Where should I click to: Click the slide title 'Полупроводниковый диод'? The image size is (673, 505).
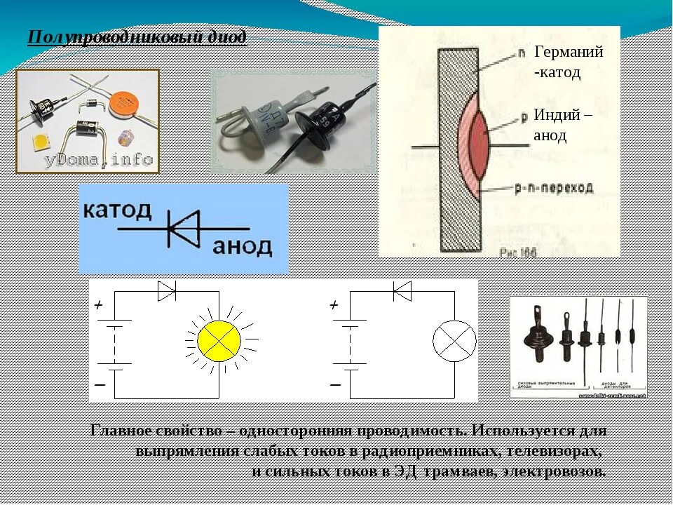tap(137, 36)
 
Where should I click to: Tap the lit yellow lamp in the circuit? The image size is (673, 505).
tap(219, 340)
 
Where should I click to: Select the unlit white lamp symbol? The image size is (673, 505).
tap(454, 341)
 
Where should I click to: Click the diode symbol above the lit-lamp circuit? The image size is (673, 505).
tap(167, 290)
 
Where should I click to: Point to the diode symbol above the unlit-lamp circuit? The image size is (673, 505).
tap(402, 290)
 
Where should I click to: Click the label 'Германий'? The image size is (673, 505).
tap(569, 52)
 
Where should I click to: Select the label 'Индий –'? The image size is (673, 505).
tap(562, 115)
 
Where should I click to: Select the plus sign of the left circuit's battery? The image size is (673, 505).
tap(99, 305)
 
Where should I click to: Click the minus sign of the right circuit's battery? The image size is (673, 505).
tap(335, 385)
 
